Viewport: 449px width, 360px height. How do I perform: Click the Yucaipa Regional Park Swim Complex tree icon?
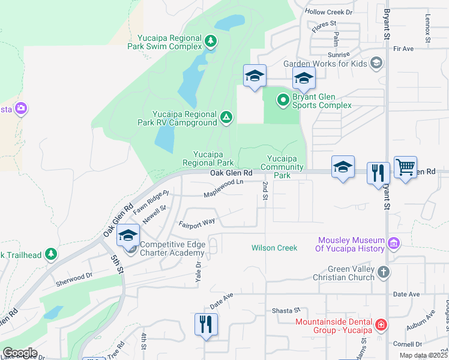click(x=210, y=41)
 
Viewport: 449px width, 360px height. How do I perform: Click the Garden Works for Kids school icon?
click(x=376, y=63)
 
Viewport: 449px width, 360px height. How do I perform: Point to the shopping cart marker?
click(x=406, y=168)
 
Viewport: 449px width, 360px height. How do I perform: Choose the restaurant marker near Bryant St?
click(x=378, y=173)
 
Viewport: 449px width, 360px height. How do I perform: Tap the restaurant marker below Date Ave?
click(x=206, y=324)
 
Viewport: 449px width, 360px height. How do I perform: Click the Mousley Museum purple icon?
click(x=394, y=243)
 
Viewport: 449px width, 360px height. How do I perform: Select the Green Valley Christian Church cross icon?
click(x=384, y=273)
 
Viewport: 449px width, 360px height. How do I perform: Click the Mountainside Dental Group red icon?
click(x=381, y=325)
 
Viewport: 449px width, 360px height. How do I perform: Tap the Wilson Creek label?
click(x=274, y=248)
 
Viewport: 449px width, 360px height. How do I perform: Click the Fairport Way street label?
click(x=197, y=223)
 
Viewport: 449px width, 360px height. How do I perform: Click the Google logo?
click(x=20, y=352)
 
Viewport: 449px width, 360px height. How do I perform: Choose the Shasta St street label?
click(x=286, y=310)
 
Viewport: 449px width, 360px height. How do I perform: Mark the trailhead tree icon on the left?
click(x=51, y=254)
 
